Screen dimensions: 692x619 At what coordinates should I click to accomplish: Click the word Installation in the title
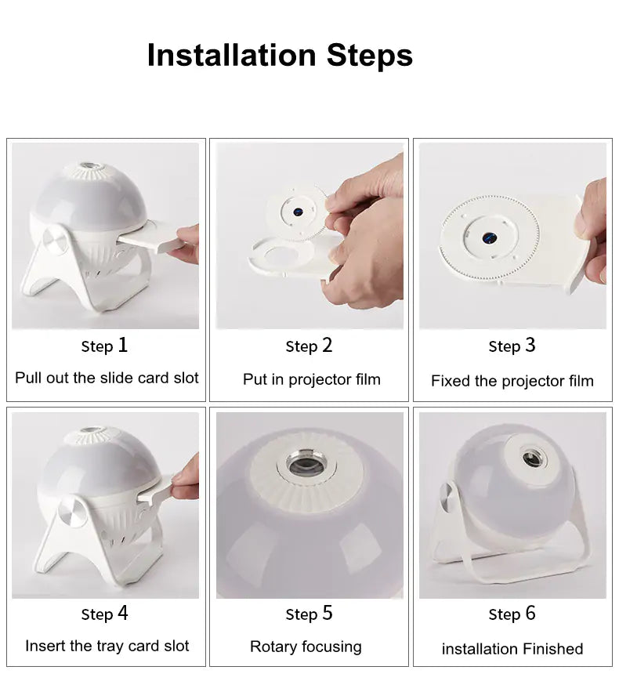click(231, 56)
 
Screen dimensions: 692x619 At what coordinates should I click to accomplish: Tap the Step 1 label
click(104, 346)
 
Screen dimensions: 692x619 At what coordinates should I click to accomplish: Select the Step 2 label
click(309, 346)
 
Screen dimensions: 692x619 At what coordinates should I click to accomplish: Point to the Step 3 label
click(512, 346)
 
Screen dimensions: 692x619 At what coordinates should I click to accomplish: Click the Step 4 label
click(104, 614)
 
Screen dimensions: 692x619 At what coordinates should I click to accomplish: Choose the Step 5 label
click(309, 614)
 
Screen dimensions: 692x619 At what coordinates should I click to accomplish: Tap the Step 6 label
click(512, 614)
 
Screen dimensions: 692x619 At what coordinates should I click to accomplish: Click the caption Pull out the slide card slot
click(107, 378)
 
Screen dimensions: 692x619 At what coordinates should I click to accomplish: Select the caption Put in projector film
click(311, 379)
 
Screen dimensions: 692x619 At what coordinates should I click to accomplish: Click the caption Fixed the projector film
click(512, 382)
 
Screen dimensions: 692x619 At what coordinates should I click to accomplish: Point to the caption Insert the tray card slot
click(107, 646)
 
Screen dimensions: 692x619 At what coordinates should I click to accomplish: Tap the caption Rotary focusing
click(306, 647)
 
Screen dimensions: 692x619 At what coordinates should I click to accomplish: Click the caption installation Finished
click(512, 649)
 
